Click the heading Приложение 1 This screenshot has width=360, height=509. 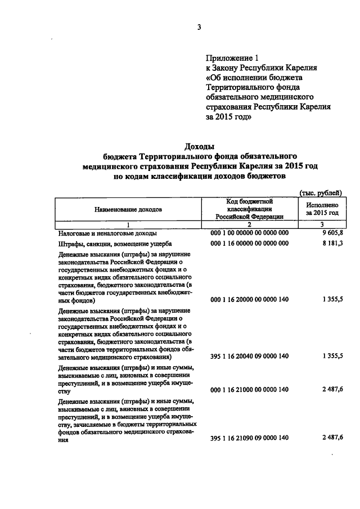pyautogui.click(x=232, y=57)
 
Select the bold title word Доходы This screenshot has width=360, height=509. pyautogui.click(x=200, y=147)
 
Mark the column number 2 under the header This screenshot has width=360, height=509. pyautogui.click(x=249, y=224)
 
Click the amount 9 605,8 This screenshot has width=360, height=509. pyautogui.click(x=331, y=232)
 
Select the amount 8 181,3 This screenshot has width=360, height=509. pyautogui.click(x=331, y=244)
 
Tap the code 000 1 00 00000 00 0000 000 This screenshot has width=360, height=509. pyautogui.click(x=249, y=232)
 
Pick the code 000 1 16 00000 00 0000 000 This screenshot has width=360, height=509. pyautogui.click(x=249, y=244)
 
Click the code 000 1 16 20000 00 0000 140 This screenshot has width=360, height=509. pyautogui.click(x=249, y=300)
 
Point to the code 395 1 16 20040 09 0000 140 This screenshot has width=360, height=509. pyautogui.click(x=249, y=357)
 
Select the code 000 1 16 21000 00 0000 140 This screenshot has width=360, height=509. pyautogui.click(x=249, y=389)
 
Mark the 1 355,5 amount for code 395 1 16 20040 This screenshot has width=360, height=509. pyautogui.click(x=331, y=357)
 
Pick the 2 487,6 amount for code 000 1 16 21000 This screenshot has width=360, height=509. pyautogui.click(x=331, y=389)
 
